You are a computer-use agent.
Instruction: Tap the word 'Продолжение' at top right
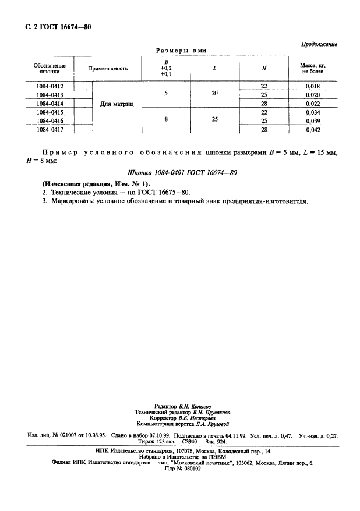click(319, 44)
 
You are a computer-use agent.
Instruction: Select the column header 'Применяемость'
click(108, 69)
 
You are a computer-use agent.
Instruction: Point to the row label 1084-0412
click(50, 86)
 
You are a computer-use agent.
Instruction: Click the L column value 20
click(214, 93)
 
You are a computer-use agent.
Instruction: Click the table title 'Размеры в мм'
click(180, 51)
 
